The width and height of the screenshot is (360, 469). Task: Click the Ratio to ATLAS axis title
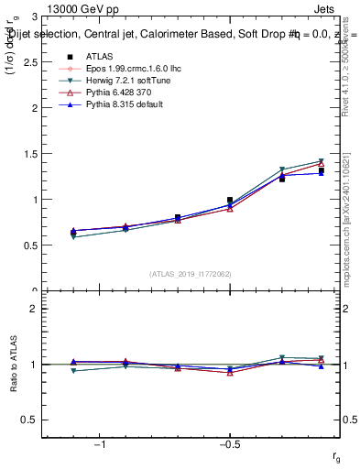[x=12, y=365]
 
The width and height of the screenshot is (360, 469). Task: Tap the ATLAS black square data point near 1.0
[x=230, y=200]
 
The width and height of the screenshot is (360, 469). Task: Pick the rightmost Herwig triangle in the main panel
[x=322, y=161]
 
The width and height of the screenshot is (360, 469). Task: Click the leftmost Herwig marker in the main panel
[x=73, y=237]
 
